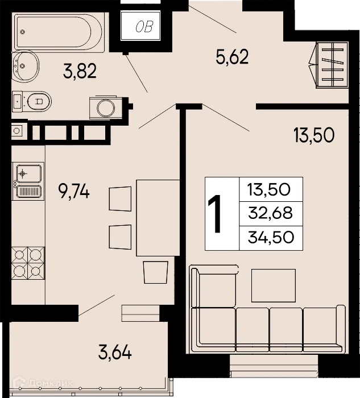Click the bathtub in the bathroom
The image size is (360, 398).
coord(59,31)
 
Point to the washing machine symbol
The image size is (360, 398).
coord(105,107)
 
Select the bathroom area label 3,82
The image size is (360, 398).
coord(79,71)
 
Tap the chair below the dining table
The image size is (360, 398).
coord(156,272)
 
